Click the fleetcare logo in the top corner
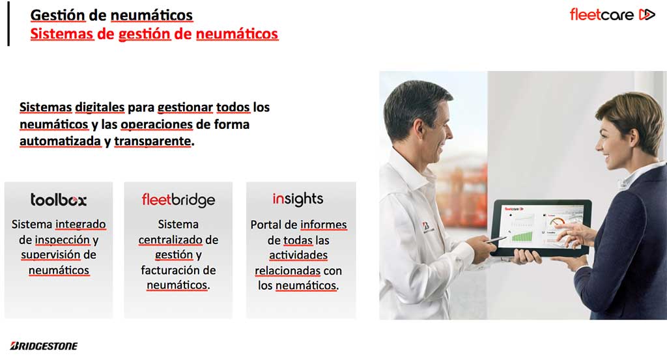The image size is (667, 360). coord(612,15)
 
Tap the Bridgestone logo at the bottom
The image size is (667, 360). coord(44,346)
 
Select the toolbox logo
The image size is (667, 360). coord(58,200)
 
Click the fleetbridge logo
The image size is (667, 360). coord(178,200)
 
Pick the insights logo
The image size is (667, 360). coord(298,199)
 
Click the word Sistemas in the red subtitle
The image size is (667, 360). coord(62,34)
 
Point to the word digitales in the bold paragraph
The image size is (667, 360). coord(100,107)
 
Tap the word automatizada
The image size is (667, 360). coord(61,141)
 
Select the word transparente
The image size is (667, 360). coord(152,141)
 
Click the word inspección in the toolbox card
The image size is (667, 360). coord(62,240)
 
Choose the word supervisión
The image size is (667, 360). coord(51,255)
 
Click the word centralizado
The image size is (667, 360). coord(170,240)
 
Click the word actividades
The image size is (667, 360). coord(298,255)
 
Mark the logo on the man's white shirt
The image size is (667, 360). coord(426,228)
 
